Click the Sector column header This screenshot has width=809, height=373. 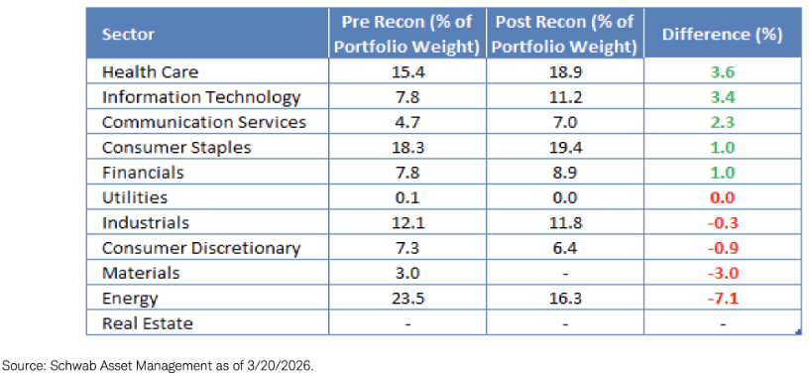coord(128,34)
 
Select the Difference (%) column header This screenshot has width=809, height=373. coord(723,34)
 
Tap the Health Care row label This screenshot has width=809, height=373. coord(150,71)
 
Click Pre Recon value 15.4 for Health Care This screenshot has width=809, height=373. coord(407,71)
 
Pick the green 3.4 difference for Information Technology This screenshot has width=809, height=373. coord(723,97)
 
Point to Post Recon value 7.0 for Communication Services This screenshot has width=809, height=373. coord(565,122)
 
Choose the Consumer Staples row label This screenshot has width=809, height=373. coord(176,148)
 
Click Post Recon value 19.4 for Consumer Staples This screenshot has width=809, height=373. coord(565,148)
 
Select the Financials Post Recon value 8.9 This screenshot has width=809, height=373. coord(565,173)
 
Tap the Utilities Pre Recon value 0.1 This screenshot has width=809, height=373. coord(407,197)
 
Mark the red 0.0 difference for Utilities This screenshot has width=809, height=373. coord(723,197)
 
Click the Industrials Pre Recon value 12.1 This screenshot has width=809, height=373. coord(407,223)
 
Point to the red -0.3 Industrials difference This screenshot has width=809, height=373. coord(723,223)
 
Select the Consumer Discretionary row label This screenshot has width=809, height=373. coord(201,248)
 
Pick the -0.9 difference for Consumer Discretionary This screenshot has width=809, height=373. coord(723,248)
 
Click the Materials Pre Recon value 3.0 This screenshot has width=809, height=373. coord(407,274)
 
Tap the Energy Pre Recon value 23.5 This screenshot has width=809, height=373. coord(407,299)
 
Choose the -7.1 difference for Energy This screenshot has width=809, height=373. coord(723,299)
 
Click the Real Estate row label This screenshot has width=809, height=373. coord(148,324)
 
